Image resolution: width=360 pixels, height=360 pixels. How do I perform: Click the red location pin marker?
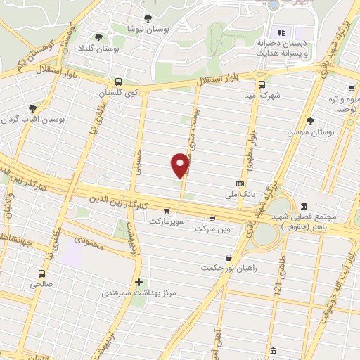click(x=180, y=165)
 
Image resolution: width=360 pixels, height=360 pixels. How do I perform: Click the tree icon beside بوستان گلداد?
click(x=98, y=37)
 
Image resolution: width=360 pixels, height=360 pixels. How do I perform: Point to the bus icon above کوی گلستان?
click(x=118, y=82)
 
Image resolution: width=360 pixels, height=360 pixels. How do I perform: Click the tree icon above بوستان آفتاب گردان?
click(x=32, y=108)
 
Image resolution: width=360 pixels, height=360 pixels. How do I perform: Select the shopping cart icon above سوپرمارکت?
click(x=167, y=210)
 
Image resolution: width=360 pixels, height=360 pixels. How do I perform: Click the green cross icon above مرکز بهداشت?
click(x=139, y=281)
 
